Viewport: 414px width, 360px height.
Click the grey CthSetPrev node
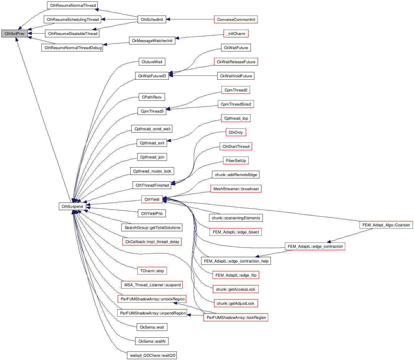[x=14, y=34]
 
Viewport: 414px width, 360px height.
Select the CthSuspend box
[x=72, y=206]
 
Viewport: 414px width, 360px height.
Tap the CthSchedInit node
[x=152, y=19]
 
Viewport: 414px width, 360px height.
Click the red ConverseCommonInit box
[x=236, y=19]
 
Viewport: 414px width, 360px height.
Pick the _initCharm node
[x=236, y=34]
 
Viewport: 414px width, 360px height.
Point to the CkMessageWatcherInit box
[x=152, y=41]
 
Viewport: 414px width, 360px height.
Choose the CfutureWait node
[x=152, y=62]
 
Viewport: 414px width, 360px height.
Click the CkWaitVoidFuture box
[x=236, y=76]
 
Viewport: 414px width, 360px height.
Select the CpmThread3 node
[x=152, y=111]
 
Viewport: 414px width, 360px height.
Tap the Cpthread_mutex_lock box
[x=152, y=171]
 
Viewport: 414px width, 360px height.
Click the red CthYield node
[x=152, y=199]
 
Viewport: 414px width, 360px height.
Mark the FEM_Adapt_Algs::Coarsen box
[x=386, y=225]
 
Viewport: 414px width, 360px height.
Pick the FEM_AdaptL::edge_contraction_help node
[x=236, y=261]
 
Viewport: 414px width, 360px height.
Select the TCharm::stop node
[x=152, y=271]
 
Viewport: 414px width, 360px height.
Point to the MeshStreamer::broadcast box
[x=236, y=189]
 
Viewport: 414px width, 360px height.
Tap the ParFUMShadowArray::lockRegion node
[x=236, y=317]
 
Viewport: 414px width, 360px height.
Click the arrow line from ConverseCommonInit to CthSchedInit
[x=191, y=19]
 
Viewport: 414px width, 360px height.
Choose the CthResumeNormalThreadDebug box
[x=73, y=48]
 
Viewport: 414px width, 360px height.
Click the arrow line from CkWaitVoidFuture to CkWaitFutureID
[x=194, y=76]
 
